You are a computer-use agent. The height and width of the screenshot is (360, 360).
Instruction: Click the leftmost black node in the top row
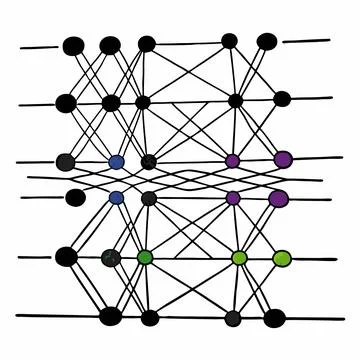73,45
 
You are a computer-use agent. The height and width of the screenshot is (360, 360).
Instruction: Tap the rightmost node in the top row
267,41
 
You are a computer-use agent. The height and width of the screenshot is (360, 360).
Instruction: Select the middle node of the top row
147,43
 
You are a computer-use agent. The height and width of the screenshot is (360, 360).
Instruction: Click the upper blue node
116,161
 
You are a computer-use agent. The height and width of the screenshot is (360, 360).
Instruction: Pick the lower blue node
116,197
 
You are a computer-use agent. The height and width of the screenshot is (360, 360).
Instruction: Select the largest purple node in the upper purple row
283,159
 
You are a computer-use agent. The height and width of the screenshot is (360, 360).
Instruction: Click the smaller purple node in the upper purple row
233,160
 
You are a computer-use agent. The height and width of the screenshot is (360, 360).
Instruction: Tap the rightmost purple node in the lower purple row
278,198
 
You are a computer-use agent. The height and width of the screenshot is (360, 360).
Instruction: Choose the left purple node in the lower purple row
233,198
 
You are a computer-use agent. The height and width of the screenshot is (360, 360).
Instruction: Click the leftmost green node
146,257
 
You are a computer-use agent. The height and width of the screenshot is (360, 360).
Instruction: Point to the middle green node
239,258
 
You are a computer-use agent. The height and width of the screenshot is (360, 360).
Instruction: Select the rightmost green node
283,258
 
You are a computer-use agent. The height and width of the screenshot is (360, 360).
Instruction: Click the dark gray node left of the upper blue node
66,162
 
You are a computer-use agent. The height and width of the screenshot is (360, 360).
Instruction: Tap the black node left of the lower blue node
75,196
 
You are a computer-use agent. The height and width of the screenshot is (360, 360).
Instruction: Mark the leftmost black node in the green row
66,257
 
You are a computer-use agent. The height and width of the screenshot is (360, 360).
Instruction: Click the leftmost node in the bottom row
110,317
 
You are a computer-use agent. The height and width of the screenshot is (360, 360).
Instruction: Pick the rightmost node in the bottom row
274,318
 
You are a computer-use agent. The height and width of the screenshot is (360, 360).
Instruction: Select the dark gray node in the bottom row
233,318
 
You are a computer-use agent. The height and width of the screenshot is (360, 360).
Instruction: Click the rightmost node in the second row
282,98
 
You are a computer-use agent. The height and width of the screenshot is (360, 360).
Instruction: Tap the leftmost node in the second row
66,101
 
